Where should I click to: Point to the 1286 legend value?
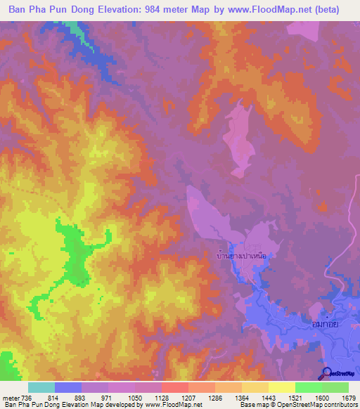pos(214,398)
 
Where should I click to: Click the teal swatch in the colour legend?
pos(41,387)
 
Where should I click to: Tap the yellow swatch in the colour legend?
pos(281,387)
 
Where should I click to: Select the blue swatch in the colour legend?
pos(67,387)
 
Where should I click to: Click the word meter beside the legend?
pos(10,398)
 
